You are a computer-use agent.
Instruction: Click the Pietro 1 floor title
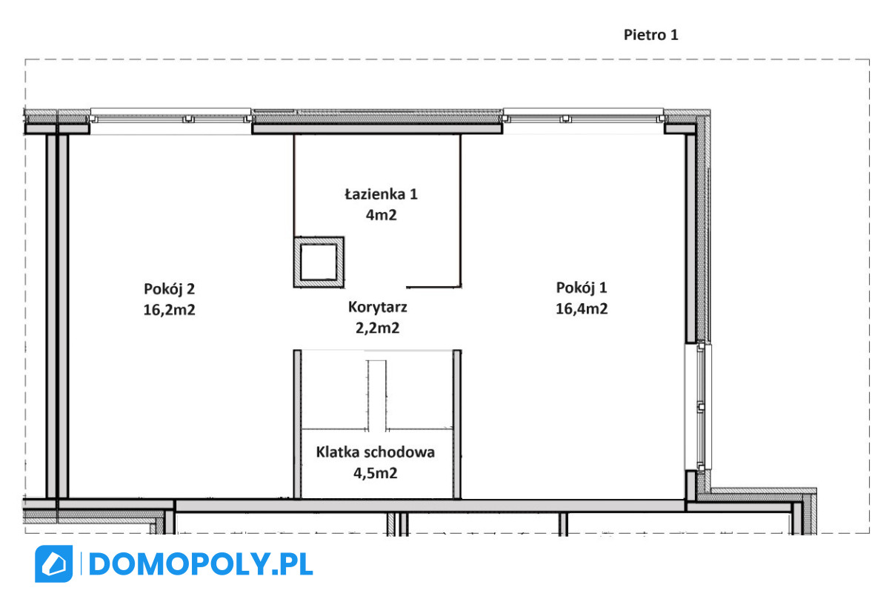[x=651, y=35]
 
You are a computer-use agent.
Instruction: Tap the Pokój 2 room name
[x=169, y=289]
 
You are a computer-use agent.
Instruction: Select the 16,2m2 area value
[x=169, y=310]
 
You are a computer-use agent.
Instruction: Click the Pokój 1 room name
[x=582, y=288]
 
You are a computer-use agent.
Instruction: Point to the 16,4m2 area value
[x=582, y=308]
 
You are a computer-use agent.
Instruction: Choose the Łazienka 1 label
[x=381, y=194]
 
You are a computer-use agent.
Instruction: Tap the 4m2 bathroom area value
[x=381, y=215]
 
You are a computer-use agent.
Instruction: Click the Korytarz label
[x=377, y=308]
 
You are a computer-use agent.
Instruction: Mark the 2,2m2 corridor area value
[x=377, y=328]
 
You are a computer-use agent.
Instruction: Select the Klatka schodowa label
[x=376, y=452]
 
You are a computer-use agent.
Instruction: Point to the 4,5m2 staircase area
[x=376, y=473]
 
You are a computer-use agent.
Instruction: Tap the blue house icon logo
[x=53, y=563]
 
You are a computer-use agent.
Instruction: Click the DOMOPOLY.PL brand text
[x=201, y=564]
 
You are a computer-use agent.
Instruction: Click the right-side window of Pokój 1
[x=699, y=407]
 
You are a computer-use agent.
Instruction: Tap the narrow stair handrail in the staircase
[x=376, y=396]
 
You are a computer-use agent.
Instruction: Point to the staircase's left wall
[x=297, y=424]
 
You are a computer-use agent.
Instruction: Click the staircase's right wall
[x=457, y=424]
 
